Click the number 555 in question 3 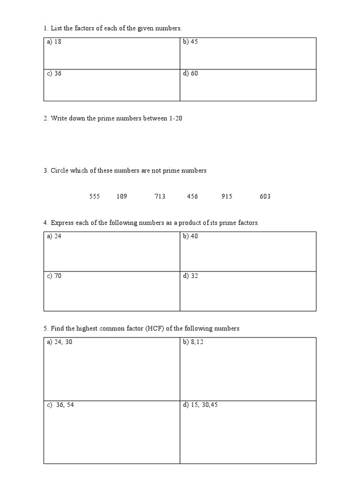click(95, 196)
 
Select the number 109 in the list click(122, 196)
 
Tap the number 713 click(160, 196)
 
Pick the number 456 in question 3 click(192, 196)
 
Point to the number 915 click(227, 196)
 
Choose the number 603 click(265, 196)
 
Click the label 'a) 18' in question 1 click(54, 42)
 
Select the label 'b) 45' click(190, 42)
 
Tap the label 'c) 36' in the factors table click(54, 74)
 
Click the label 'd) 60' click(190, 74)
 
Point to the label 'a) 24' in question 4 click(54, 236)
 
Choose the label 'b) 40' click(190, 236)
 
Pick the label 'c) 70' click(54, 276)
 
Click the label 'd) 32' click(190, 276)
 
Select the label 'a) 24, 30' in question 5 click(60, 342)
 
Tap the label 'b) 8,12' click(193, 342)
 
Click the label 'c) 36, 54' click(60, 405)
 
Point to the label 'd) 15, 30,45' click(200, 405)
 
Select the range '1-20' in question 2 click(176, 119)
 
